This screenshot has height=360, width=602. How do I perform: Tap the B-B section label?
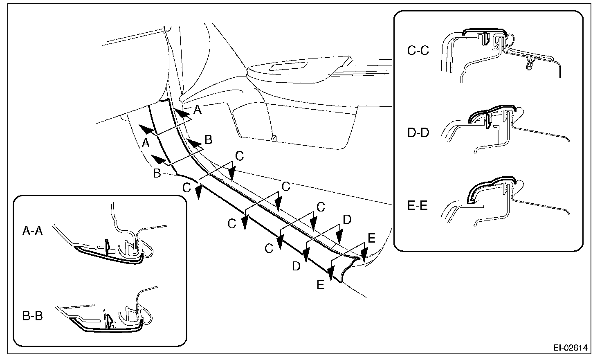(32, 316)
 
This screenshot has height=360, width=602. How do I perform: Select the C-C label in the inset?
(418, 51)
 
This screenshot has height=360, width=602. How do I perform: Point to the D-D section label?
(418, 133)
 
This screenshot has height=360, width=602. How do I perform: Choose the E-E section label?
(418, 205)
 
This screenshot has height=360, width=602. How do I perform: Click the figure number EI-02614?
(570, 348)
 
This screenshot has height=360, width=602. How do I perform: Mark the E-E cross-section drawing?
(505, 200)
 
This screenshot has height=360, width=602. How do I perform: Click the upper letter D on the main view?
(347, 220)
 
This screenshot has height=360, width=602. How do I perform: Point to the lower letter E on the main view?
(321, 285)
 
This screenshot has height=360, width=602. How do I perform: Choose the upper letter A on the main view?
(198, 109)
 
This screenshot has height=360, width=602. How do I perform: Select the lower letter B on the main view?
(157, 173)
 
